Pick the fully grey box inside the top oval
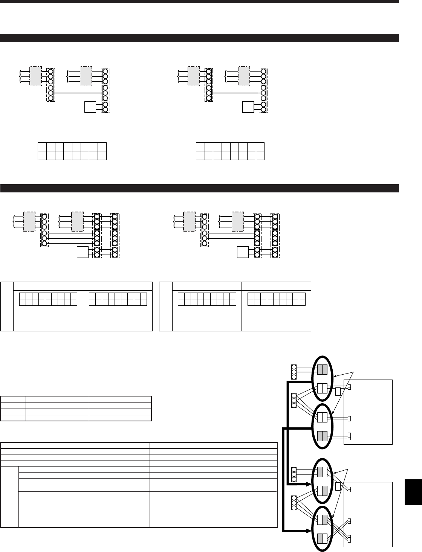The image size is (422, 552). (322, 369)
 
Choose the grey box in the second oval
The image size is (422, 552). (322, 436)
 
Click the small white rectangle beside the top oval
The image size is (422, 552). (338, 392)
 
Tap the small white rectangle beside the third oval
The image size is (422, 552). (338, 486)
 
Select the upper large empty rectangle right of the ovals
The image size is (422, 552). (368, 412)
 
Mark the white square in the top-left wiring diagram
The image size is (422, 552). (90, 108)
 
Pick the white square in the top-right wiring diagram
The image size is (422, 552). (248, 108)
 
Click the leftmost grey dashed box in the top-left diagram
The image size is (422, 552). (36, 76)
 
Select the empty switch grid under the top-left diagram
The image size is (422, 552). (72, 151)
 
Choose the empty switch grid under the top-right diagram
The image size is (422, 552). (230, 151)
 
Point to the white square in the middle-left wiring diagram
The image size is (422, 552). (83, 252)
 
